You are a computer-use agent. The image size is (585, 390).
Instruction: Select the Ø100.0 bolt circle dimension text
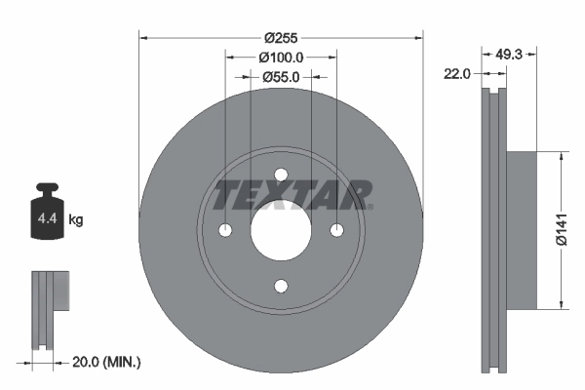tap(282, 57)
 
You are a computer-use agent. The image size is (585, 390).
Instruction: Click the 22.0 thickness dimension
tap(457, 73)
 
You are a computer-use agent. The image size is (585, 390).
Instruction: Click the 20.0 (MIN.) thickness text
tap(106, 362)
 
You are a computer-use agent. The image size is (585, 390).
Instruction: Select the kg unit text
tap(76, 220)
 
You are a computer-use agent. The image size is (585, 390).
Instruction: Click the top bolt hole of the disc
tap(282, 175)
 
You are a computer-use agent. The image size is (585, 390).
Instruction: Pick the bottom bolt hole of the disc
tap(282, 286)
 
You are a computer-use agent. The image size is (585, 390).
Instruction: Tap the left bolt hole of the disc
tap(226, 230)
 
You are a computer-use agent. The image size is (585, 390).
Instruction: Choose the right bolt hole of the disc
tap(337, 230)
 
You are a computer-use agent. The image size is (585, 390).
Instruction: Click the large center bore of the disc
tap(282, 230)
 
